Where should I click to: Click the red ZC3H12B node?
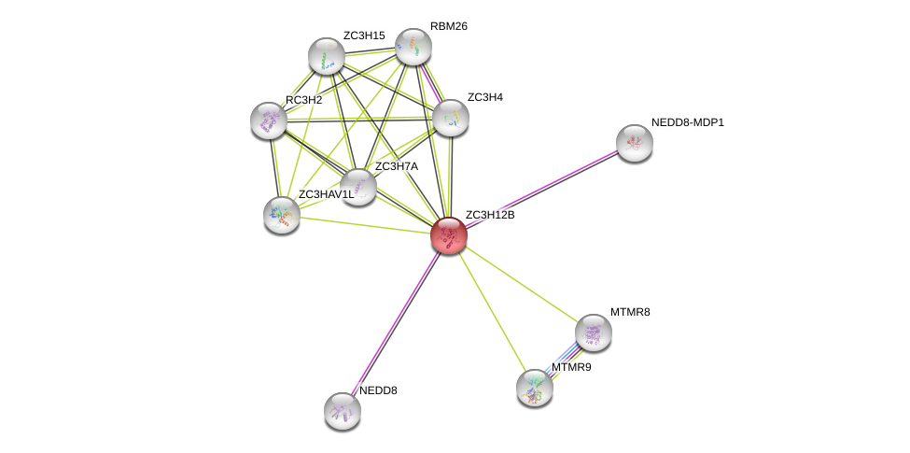tap(448, 235)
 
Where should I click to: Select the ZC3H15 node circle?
tap(326, 56)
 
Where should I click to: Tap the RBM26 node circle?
tap(413, 47)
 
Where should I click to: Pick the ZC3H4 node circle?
tap(450, 118)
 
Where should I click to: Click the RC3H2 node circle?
tap(269, 120)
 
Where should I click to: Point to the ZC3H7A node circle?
tap(357, 187)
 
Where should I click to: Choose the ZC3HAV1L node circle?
tap(281, 215)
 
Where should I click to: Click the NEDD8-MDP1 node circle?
tap(634, 143)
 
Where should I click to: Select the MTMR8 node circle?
tap(593, 332)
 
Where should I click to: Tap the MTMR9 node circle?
tap(534, 387)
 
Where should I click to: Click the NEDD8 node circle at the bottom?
tap(342, 410)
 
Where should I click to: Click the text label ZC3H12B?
tap(489, 216)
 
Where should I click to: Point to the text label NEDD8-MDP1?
tap(687, 122)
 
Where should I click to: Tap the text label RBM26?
tap(448, 26)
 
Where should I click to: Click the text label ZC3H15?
tap(363, 35)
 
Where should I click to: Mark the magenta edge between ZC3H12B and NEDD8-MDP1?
tap(541, 189)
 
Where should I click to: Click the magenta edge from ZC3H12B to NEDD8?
tap(395, 323)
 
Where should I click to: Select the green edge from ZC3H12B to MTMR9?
tap(491, 311)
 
